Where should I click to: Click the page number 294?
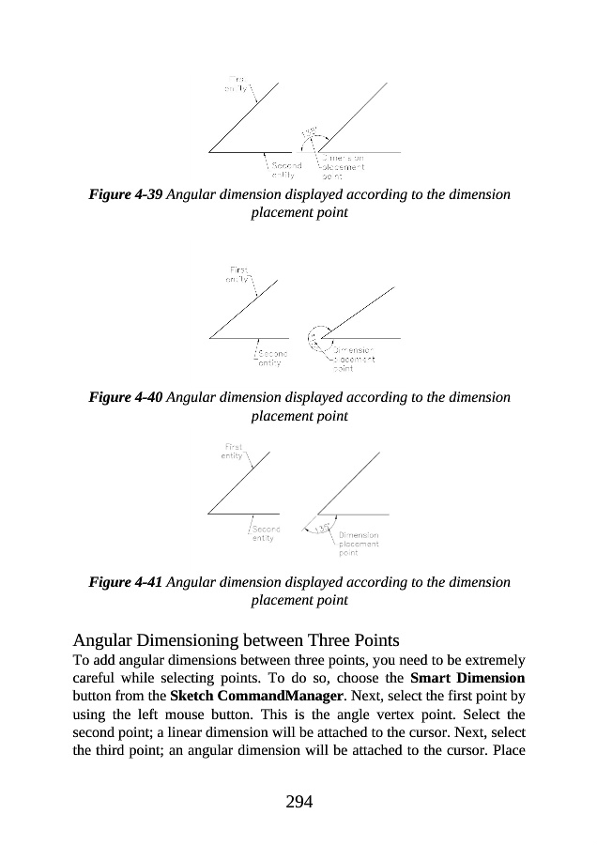[298, 801]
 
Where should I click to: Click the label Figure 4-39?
[126, 194]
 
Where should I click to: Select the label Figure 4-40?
[126, 397]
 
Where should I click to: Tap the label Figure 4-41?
[126, 582]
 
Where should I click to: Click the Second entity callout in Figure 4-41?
[265, 534]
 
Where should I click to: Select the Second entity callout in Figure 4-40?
[269, 358]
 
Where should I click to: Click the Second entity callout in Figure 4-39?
[285, 170]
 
